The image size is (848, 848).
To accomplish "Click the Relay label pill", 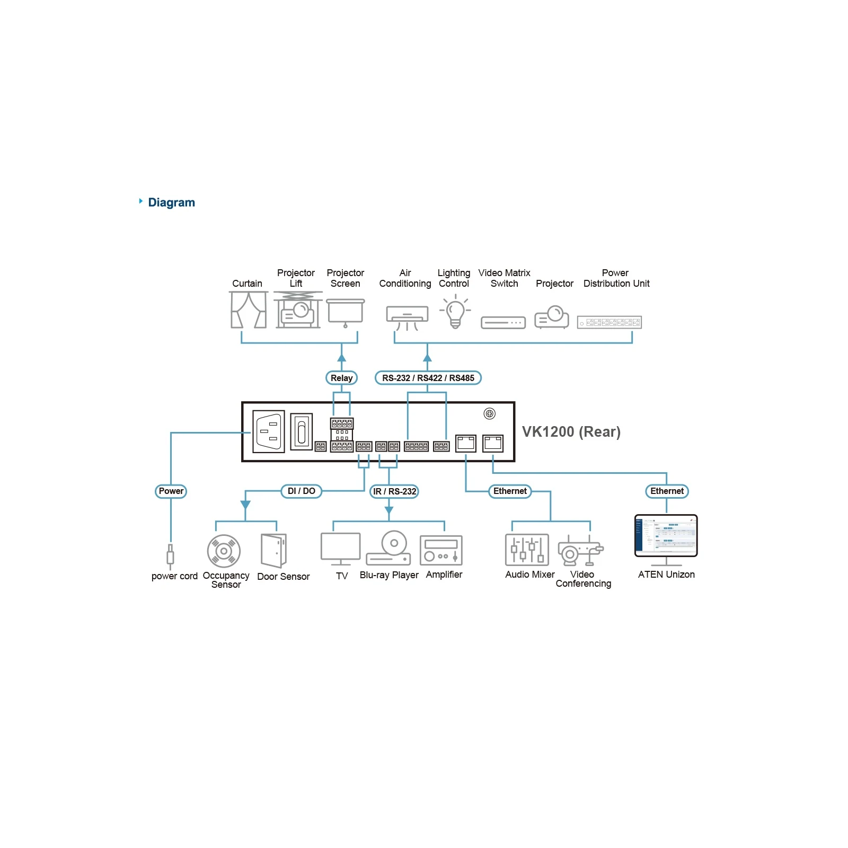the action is click(x=341, y=378).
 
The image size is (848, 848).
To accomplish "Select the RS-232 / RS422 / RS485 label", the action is click(x=428, y=378).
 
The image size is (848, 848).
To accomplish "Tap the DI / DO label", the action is click(x=302, y=491).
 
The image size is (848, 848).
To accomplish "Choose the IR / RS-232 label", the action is click(x=394, y=491).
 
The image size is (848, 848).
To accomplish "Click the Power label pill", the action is click(x=171, y=491).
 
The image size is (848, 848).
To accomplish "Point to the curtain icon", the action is click(x=249, y=310).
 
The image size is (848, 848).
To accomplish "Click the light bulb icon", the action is click(x=455, y=312).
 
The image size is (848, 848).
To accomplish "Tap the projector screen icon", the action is click(x=346, y=313).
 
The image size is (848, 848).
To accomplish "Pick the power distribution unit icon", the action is click(x=609, y=322).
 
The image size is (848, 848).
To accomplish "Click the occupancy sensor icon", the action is click(x=224, y=551).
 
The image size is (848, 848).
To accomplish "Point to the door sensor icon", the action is click(x=274, y=550).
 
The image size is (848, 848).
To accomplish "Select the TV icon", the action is click(x=341, y=549).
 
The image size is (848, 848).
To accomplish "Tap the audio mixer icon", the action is click(x=527, y=550).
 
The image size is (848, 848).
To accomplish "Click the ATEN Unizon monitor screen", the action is click(x=666, y=535).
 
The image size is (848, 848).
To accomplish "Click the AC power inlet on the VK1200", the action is click(x=269, y=431).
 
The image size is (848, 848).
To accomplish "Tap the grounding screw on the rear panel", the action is click(x=490, y=413).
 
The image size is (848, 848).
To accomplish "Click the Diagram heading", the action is click(x=171, y=202).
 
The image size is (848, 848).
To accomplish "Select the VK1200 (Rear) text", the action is click(x=571, y=432).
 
